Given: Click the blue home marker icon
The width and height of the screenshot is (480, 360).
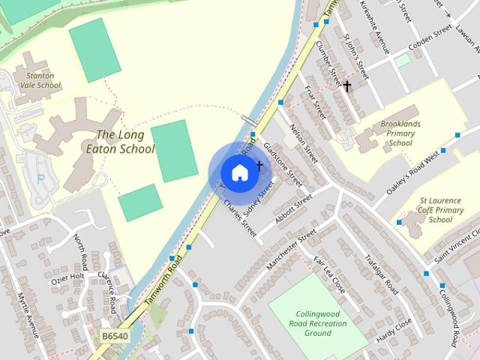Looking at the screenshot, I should point(239,172).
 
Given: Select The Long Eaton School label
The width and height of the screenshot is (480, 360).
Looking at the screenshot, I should point(125,142).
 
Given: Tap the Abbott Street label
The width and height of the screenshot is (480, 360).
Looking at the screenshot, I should point(293,210).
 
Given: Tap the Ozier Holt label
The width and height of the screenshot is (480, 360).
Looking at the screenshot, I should point(67,279).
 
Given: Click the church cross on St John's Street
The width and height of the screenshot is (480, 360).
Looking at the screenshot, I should point(347,85).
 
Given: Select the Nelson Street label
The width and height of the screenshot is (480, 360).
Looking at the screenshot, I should point(304,143).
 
